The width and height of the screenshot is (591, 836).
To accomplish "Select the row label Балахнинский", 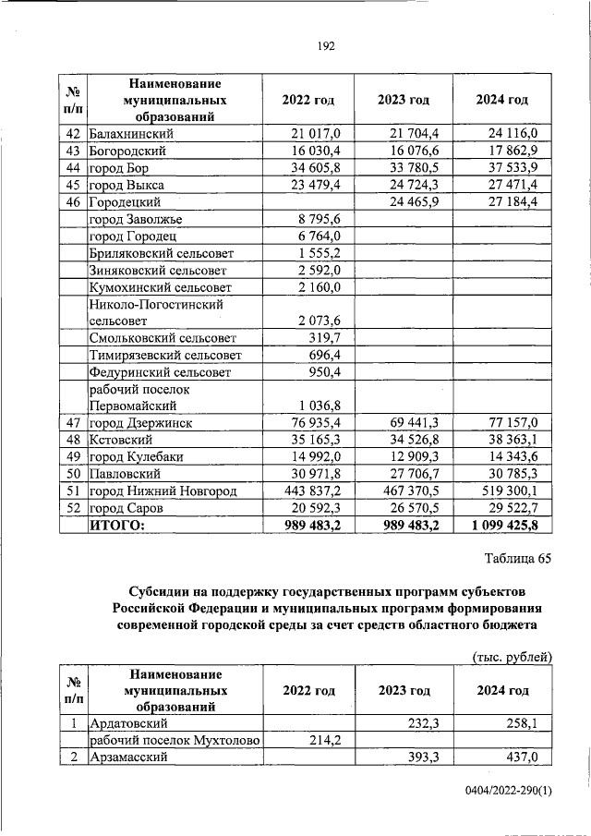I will point(131,134).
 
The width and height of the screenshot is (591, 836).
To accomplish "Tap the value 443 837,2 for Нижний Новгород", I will point(309,490).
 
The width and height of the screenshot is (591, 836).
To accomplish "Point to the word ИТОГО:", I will point(118,525).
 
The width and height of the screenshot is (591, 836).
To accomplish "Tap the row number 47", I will point(74,422).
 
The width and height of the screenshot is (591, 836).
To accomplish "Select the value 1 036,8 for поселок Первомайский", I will point(319,405).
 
